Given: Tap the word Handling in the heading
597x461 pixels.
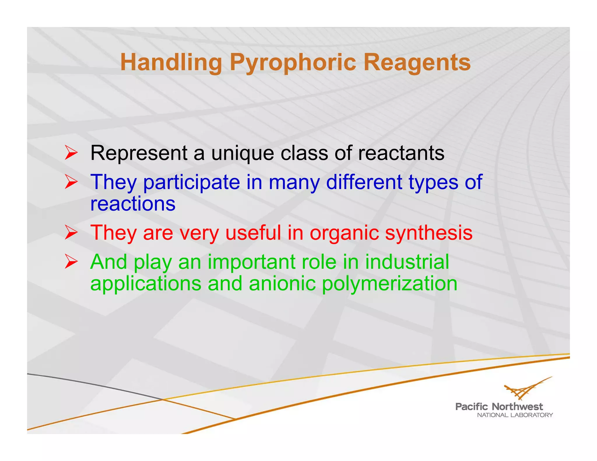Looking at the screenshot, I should [x=171, y=62].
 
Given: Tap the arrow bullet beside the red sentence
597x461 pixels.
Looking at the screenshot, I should [x=71, y=233].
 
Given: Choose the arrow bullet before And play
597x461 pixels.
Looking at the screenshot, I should [x=71, y=261].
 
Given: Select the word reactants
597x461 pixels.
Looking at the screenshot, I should [x=401, y=153].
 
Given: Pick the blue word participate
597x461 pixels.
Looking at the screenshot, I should [x=192, y=182].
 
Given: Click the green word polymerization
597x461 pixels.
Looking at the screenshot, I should [x=389, y=284].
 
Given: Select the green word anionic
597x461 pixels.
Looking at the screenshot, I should [x=282, y=284].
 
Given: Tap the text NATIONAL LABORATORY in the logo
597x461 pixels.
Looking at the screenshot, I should [x=515, y=415].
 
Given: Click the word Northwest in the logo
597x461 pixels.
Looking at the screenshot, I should [x=517, y=407].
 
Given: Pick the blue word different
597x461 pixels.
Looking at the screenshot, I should [x=364, y=182].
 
